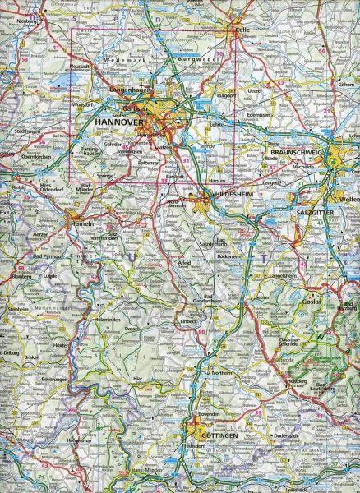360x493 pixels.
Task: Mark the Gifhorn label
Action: tap(348, 85)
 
